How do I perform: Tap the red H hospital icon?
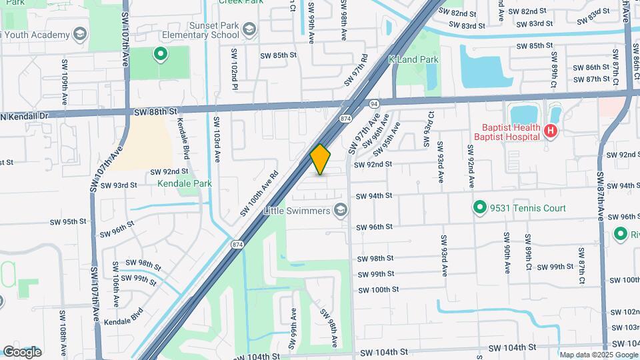pos(550,131)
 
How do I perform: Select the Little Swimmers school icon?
pos(341,211)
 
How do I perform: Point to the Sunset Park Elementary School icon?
pos(249,30)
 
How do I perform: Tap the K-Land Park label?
pos(413,59)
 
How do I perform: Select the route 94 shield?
pos(374,103)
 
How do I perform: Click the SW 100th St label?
pos(378,289)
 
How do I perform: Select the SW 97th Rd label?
pos(356,70)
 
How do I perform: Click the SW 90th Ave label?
pos(507,254)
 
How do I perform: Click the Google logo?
pos(22,352)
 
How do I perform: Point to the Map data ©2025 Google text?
pos(598,355)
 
